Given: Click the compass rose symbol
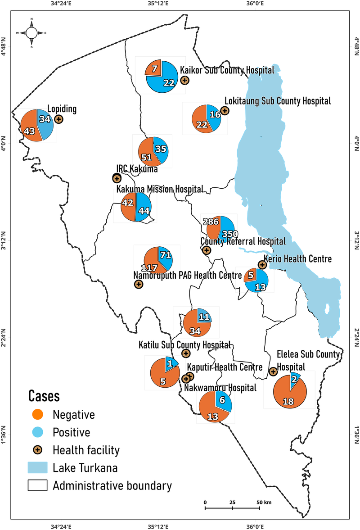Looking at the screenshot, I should tap(31, 32).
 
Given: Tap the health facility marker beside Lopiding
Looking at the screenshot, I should tap(58, 119).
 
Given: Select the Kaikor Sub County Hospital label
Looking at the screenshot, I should tap(227, 70).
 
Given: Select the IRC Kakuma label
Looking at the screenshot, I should tap(137, 169).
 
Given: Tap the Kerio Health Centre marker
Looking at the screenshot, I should tap(261, 264).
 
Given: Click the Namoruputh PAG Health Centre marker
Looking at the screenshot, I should tap(139, 284).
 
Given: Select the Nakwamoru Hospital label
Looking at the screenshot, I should tap(220, 387).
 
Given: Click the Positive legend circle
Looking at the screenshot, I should tap(39, 432).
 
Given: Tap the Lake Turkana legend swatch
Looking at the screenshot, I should tap(38, 468).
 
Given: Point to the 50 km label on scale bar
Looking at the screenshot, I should tap(262, 502).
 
